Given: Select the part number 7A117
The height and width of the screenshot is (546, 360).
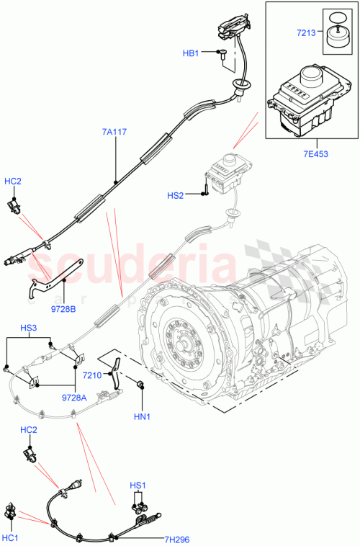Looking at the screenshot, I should (x=115, y=132).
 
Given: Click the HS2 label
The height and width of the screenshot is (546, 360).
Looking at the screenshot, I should (x=176, y=194).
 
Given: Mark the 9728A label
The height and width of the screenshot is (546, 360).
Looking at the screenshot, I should (x=76, y=397).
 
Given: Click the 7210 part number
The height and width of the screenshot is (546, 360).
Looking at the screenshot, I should (x=91, y=375).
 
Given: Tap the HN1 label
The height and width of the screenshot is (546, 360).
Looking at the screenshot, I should (x=142, y=417).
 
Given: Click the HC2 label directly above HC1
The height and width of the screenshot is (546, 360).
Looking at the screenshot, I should (x=30, y=430).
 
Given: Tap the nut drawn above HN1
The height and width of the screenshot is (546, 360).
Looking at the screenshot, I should (x=139, y=390).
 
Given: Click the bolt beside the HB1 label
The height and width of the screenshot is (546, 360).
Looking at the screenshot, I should (x=223, y=53).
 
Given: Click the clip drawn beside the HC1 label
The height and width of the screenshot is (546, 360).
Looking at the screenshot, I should (x=12, y=513).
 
